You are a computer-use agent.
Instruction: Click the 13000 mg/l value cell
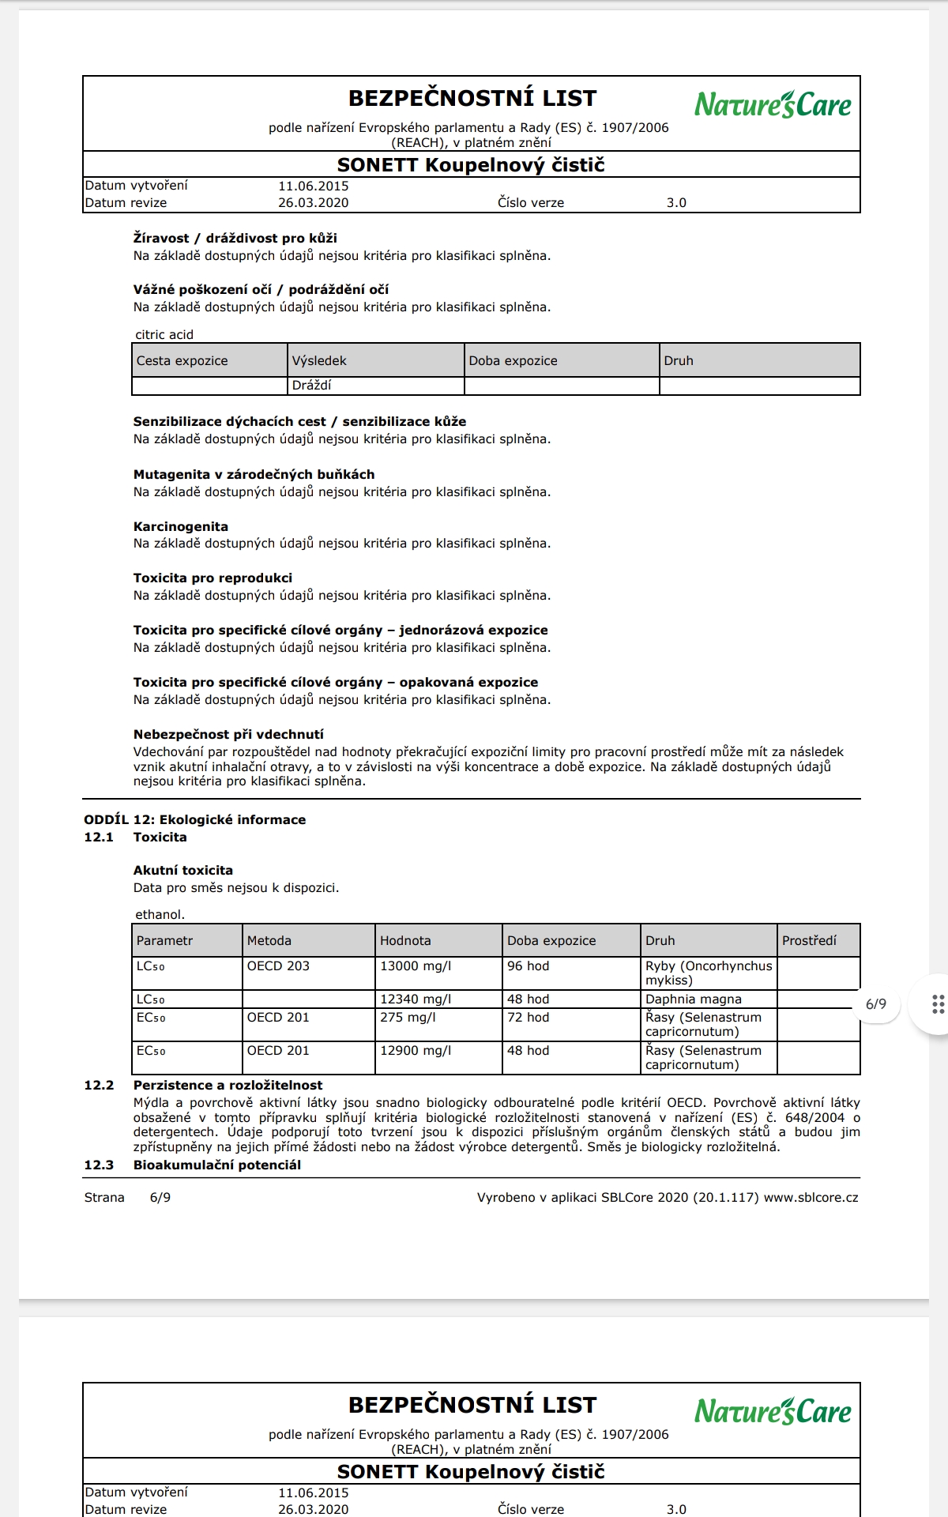pyautogui.click(x=416, y=966)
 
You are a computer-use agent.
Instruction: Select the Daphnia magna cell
pyautogui.click(x=693, y=999)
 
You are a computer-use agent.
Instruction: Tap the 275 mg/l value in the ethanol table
pyautogui.click(x=408, y=1017)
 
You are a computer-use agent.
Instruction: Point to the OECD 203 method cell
pyautogui.click(x=278, y=966)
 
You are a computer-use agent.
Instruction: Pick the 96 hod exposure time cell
pyautogui.click(x=528, y=966)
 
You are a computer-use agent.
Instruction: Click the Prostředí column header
pyautogui.click(x=809, y=940)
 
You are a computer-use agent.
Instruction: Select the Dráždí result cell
pyautogui.click(x=312, y=386)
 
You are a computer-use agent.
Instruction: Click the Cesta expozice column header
pyautogui.click(x=182, y=360)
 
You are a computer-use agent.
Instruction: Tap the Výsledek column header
pyautogui.click(x=319, y=360)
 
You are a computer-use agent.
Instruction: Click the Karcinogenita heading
pyautogui.click(x=181, y=526)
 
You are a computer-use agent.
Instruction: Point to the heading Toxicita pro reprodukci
pyautogui.click(x=213, y=578)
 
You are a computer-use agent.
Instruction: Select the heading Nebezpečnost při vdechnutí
pyautogui.click(x=228, y=734)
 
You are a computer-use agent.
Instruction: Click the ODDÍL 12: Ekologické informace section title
pyautogui.click(x=194, y=819)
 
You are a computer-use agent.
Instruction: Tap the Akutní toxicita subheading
pyautogui.click(x=183, y=870)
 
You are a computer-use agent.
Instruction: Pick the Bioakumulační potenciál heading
pyautogui.click(x=217, y=1165)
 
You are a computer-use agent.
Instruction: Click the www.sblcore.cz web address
pyautogui.click(x=811, y=1197)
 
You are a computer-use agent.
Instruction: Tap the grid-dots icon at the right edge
pyautogui.click(x=938, y=1003)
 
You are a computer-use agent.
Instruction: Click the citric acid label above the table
pyautogui.click(x=164, y=334)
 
